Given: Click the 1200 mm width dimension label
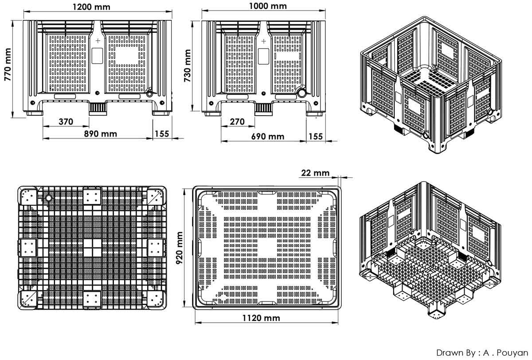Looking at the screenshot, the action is (91, 7).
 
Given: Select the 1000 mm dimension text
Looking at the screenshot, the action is (268, 6).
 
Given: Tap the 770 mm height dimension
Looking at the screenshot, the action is (8, 64).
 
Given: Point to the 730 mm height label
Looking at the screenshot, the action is (187, 66).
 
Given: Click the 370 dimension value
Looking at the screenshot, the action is (66, 121).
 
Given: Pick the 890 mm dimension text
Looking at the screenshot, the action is (101, 134).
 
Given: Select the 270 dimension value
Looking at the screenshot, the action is (237, 121).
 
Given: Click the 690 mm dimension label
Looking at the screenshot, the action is (268, 136).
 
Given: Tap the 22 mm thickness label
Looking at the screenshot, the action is (315, 172).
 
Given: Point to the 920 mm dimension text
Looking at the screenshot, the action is (179, 248).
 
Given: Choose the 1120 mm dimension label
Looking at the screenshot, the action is (261, 318).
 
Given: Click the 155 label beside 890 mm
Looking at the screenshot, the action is (162, 134).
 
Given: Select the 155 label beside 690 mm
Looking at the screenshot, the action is (316, 136).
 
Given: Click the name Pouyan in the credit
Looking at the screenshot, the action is (512, 353).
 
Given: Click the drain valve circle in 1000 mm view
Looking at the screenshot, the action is (301, 93).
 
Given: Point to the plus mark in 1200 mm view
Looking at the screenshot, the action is (98, 41).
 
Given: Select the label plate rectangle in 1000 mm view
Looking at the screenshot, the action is (263, 56).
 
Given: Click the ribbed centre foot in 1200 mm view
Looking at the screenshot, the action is (98, 109).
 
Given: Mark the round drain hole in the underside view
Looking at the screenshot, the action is (49, 198).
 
